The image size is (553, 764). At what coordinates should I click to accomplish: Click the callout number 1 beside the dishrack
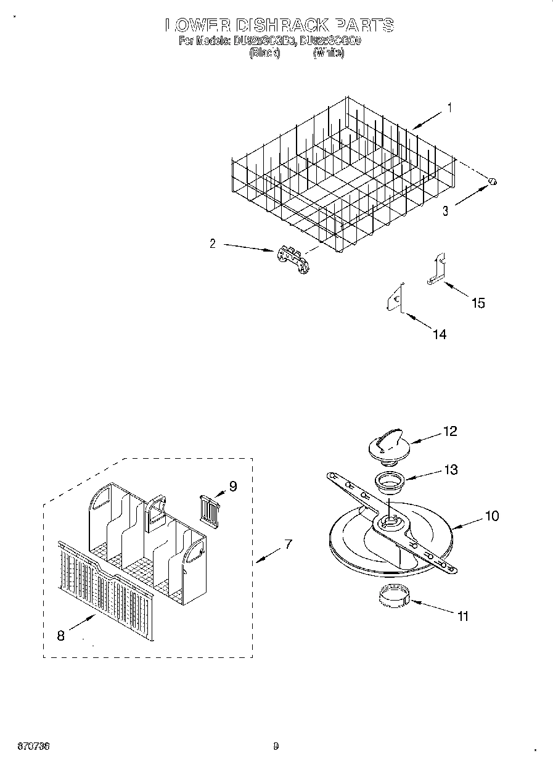(449, 108)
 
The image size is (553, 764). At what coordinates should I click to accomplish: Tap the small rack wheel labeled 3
(493, 181)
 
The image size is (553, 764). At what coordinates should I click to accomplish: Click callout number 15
(478, 303)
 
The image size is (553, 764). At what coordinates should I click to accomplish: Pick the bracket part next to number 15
(437, 270)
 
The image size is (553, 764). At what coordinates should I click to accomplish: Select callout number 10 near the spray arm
(491, 515)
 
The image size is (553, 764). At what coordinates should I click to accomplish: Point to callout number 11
(463, 615)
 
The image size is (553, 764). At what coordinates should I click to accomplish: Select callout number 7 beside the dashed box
(287, 544)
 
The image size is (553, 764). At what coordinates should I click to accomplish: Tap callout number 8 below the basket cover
(60, 636)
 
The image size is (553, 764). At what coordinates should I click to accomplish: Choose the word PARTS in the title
(364, 25)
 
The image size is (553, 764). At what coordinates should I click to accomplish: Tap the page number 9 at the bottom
(276, 746)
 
